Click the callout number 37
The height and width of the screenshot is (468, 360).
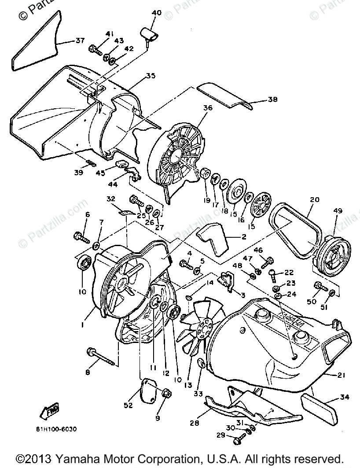pos(80,41)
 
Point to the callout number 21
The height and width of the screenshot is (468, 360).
pos(341,375)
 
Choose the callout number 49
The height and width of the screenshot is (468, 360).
pos(338,211)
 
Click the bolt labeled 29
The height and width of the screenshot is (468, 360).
pos(237,439)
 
